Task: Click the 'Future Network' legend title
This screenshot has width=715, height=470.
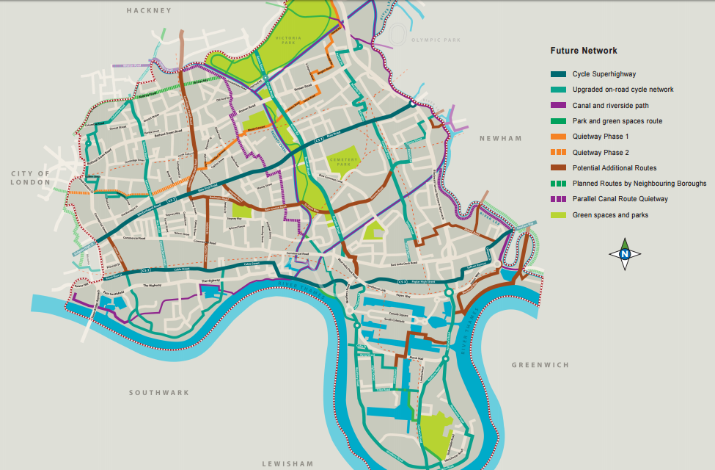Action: point(584,51)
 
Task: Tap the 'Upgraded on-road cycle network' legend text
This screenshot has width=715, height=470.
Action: point(623,90)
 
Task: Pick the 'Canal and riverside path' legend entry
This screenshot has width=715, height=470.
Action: point(611,105)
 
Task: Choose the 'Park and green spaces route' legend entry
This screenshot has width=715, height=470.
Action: point(617,121)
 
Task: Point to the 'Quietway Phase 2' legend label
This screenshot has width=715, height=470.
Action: point(601,153)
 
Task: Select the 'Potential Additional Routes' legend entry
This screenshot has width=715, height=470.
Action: point(615,168)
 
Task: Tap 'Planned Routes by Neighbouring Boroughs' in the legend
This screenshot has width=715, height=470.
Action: point(639,184)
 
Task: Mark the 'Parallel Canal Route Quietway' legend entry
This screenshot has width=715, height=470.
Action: point(620,199)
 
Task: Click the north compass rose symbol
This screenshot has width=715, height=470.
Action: point(625,254)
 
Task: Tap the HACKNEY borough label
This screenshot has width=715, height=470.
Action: point(148,11)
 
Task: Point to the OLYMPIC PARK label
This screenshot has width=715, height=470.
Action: point(434,40)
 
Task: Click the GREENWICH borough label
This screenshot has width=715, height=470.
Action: point(540,365)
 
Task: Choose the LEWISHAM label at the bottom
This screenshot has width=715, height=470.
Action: point(287,463)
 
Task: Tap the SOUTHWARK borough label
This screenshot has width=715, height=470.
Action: point(159,393)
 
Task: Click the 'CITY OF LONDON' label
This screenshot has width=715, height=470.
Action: point(30,178)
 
